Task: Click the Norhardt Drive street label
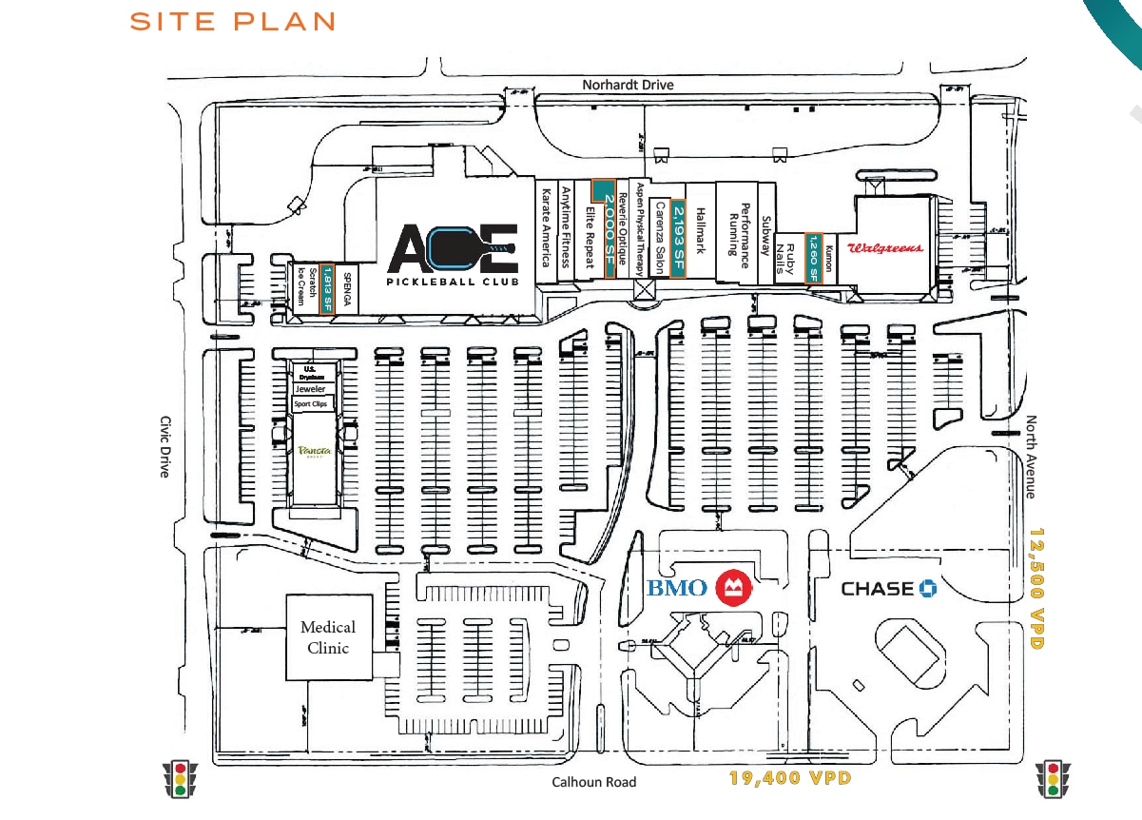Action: [x=628, y=86]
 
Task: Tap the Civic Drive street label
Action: [x=165, y=446]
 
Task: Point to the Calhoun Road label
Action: [x=594, y=782]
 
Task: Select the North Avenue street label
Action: [x=1032, y=457]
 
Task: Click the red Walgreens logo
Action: [x=885, y=248]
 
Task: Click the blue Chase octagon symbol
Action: [x=928, y=589]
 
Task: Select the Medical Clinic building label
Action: [x=328, y=637]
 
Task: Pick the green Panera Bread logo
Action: [x=314, y=451]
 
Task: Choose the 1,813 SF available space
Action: [x=327, y=287]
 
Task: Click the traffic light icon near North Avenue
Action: [x=1053, y=778]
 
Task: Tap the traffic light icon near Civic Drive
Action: [x=180, y=778]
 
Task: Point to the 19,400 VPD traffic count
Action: [x=789, y=778]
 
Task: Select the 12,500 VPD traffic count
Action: [x=1037, y=590]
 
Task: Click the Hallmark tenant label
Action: [x=701, y=231]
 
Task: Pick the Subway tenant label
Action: [x=765, y=235]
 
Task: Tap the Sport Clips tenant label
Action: [x=315, y=404]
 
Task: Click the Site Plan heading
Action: [x=233, y=22]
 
